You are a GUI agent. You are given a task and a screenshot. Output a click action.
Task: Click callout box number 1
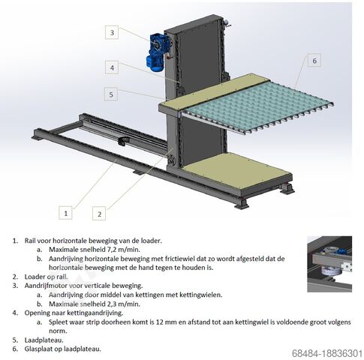(65, 213)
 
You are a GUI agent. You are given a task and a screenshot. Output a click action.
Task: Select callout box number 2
(99, 214)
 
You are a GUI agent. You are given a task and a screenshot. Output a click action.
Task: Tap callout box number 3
(112, 32)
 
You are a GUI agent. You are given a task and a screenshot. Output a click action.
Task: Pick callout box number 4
(112, 67)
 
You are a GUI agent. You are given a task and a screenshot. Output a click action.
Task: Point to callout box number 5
(111, 94)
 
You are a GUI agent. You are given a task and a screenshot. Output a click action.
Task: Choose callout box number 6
(314, 60)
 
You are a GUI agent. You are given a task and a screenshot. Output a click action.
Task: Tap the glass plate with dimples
(257, 106)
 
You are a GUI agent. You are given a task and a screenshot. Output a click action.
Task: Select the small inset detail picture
(329, 264)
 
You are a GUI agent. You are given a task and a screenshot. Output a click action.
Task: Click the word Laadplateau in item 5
(44, 340)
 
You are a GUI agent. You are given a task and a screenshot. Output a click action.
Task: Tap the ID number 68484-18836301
(327, 353)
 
